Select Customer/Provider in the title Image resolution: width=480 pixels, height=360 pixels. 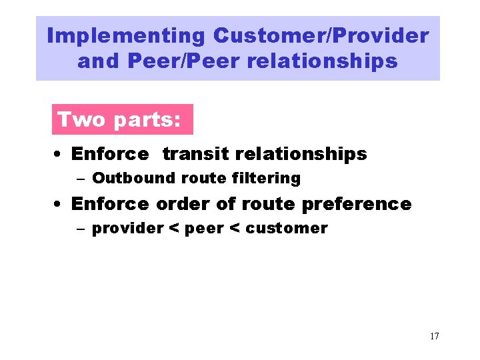click(321, 36)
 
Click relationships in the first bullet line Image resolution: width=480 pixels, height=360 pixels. click(298, 154)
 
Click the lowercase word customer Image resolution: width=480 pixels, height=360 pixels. click(287, 229)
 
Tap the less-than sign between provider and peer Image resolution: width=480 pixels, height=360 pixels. click(173, 229)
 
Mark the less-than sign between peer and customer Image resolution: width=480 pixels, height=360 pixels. click(234, 229)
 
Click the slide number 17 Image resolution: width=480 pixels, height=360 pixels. click(434, 336)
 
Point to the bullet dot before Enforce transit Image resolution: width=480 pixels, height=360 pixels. click(59, 155)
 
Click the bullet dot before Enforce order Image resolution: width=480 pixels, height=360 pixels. click(59, 204)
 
